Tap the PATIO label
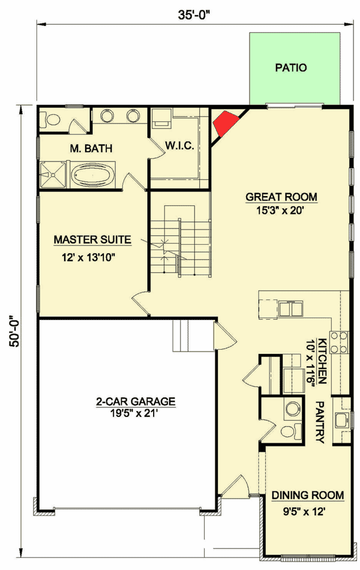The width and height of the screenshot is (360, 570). [291, 68]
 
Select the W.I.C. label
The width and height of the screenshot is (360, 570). [179, 146]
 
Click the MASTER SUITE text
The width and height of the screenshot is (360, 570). [92, 240]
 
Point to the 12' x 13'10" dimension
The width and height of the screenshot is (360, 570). [92, 259]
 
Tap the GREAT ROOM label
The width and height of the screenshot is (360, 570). [281, 197]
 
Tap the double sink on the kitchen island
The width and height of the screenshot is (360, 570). [292, 308]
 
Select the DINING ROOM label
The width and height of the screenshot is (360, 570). [308, 495]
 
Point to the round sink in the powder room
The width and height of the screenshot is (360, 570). [292, 409]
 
